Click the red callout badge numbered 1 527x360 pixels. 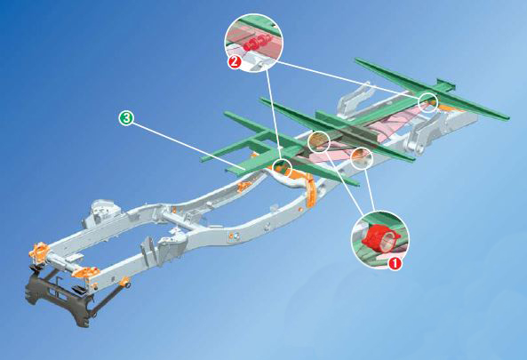click(396, 262)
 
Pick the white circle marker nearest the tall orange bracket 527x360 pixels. click(284, 166)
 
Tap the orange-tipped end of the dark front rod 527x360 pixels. click(130, 283)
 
